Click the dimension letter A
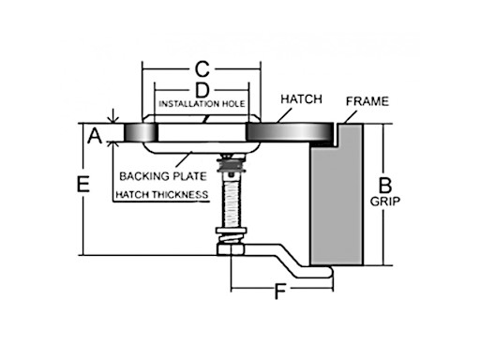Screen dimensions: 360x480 tap(94, 138)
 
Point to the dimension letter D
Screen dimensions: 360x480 tap(201, 89)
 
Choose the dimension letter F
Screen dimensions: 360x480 tap(279, 292)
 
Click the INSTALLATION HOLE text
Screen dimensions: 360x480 tap(201, 103)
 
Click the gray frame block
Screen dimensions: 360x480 tap(338, 202)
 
